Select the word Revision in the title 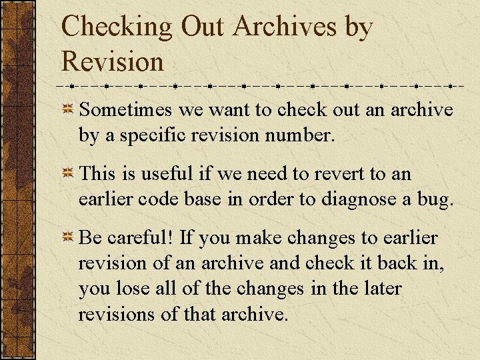pos(112,61)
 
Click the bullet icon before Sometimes pos(67,110)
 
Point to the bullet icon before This pos(67,175)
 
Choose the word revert pos(338,174)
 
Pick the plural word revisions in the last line pos(117,314)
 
